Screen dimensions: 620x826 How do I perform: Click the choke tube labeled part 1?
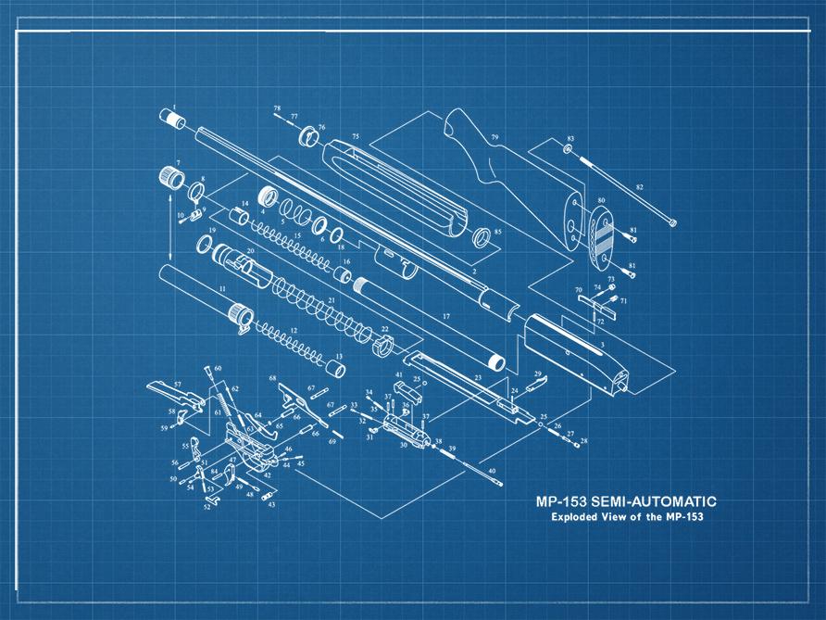[x=173, y=120]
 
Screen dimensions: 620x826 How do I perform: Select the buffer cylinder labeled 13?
[x=336, y=370]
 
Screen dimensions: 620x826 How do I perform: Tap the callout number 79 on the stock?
[x=494, y=138]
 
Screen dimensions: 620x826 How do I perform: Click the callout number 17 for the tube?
[x=445, y=317]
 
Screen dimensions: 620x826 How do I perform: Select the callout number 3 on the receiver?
[x=603, y=345]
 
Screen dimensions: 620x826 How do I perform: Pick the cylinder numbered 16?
[x=342, y=276]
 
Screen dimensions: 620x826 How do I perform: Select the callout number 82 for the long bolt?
[x=639, y=187]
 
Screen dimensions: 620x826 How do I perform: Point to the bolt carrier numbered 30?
[x=399, y=432]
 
